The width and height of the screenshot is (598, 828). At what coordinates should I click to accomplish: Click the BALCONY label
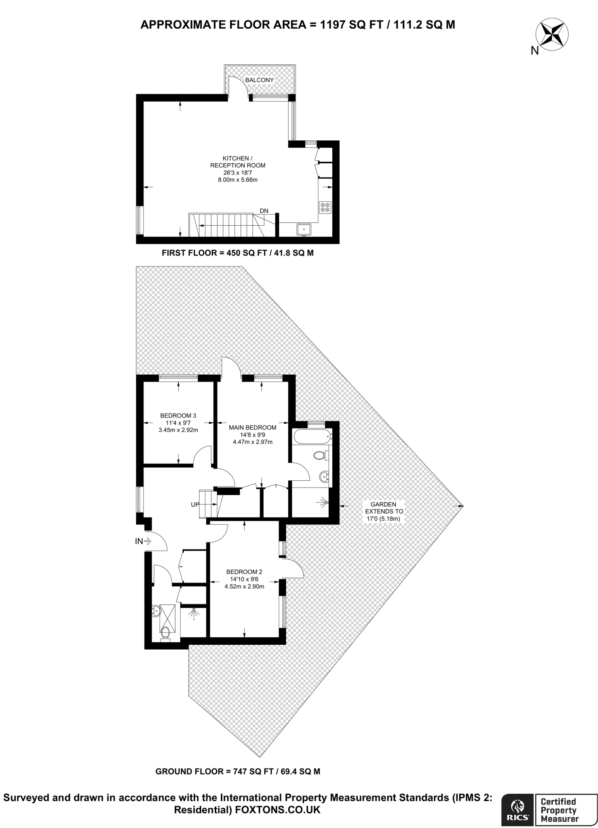tap(260, 80)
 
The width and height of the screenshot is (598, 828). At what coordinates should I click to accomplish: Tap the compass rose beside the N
tap(552, 35)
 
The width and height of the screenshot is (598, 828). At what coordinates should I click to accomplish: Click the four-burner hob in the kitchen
tap(325, 207)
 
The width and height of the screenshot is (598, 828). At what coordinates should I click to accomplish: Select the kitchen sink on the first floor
tap(303, 230)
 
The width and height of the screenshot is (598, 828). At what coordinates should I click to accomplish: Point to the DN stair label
tap(264, 211)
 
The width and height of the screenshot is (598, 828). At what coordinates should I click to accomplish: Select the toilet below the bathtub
tap(320, 456)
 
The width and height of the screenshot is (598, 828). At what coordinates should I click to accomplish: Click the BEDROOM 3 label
tap(178, 415)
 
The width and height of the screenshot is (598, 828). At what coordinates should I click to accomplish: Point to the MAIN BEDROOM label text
tap(253, 427)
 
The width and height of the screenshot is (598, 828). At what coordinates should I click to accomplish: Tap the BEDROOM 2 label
tap(244, 572)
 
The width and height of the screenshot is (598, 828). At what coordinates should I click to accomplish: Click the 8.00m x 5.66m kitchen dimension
tap(238, 180)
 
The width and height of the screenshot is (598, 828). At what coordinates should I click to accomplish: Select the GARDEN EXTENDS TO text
tap(383, 508)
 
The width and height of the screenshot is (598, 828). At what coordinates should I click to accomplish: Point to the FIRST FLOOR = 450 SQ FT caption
tap(238, 253)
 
